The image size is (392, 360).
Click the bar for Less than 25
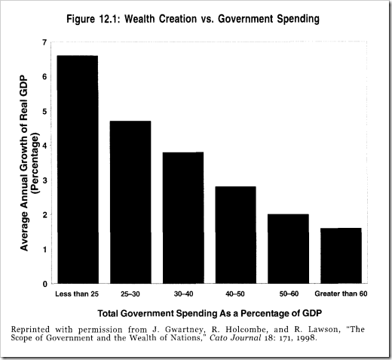coord(77,170)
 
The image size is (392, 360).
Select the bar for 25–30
coord(130,202)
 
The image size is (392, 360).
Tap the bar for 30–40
coord(182,218)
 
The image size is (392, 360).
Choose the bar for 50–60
coord(288,249)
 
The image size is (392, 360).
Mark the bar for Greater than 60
coord(341,256)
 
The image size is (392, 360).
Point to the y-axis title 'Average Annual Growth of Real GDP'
coord(23,162)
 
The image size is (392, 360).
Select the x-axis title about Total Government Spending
coord(204,312)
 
